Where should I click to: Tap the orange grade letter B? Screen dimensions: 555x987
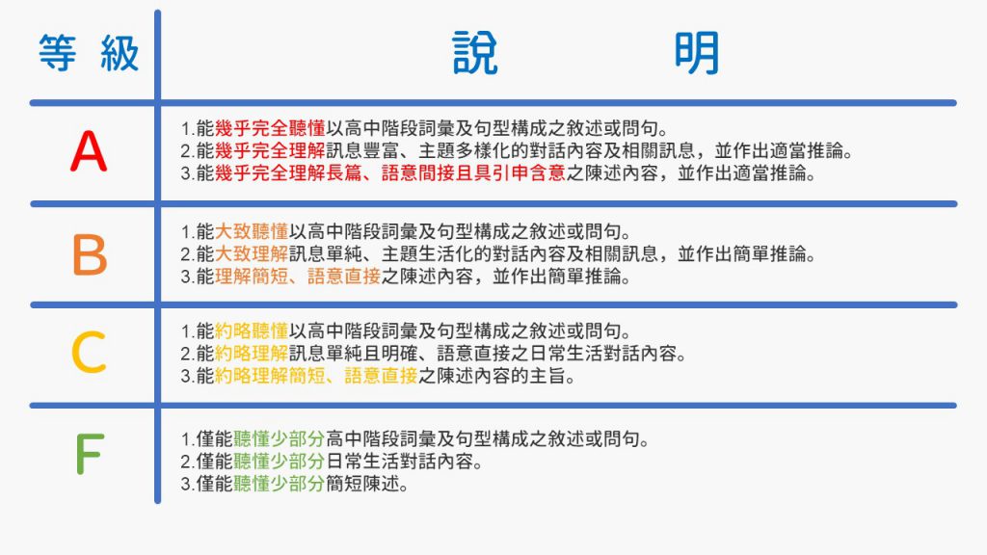click(89, 254)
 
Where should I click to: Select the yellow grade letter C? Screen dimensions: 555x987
click(88, 353)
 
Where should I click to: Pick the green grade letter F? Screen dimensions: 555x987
click(89, 455)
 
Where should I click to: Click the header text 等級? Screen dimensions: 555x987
click(89, 54)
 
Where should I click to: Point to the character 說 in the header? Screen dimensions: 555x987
click(476, 55)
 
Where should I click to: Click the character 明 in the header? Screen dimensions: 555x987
click(696, 55)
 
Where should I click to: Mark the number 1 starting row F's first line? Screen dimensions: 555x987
click(184, 439)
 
